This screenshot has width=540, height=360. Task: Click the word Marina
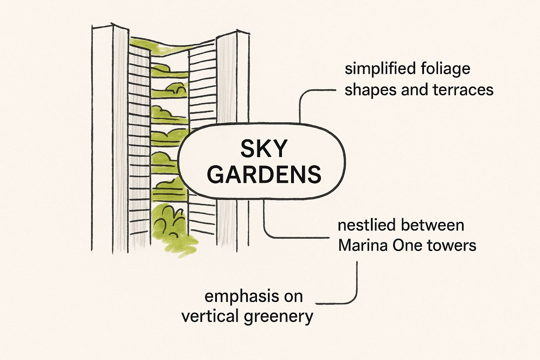[x=362, y=245]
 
